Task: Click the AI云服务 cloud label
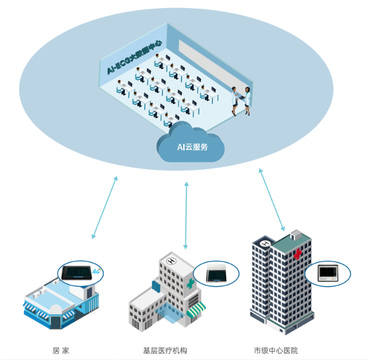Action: coord(192,146)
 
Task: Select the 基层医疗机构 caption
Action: coord(165,350)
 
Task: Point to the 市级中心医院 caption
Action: coord(275,350)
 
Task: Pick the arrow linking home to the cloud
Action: coord(104,207)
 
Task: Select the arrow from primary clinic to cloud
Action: coord(186,215)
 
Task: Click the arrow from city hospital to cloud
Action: coord(271,200)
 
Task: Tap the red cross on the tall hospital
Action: coord(298,253)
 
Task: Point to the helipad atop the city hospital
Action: coord(265,244)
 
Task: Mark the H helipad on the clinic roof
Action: coord(172,261)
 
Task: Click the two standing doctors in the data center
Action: coord(241,100)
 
